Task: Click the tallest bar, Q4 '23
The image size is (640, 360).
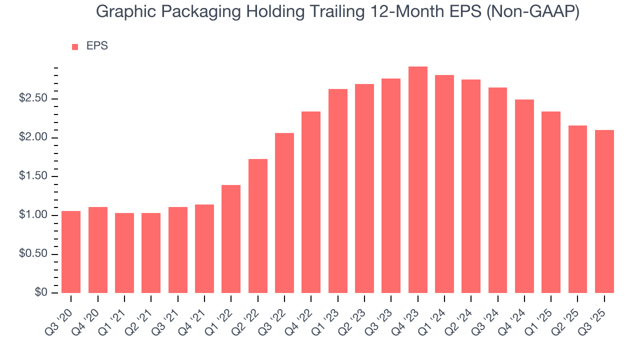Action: pyautogui.click(x=417, y=180)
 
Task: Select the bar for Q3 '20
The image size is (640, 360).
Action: pyautogui.click(x=71, y=252)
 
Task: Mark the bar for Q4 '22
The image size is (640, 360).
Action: pyautogui.click(x=311, y=202)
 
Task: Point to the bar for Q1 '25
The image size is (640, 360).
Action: pyautogui.click(x=551, y=202)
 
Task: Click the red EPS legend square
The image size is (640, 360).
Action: pyautogui.click(x=75, y=47)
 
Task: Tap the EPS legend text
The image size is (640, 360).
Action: pyautogui.click(x=97, y=46)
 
